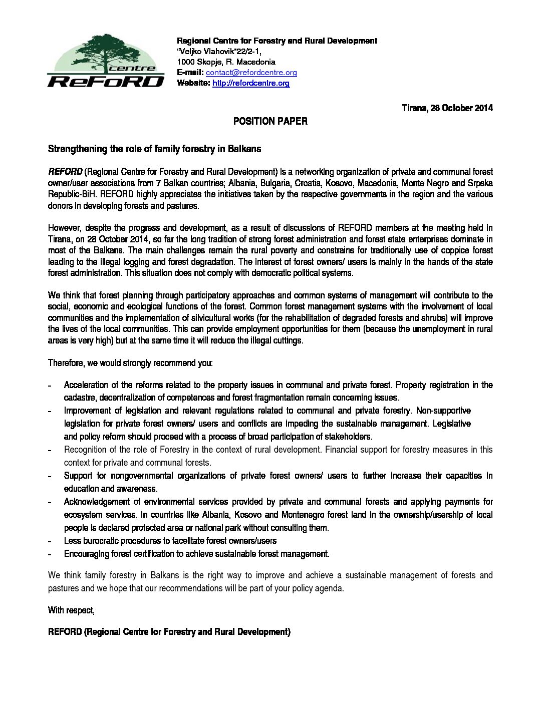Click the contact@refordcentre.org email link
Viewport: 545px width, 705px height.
coord(251,73)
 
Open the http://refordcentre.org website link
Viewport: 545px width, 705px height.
coord(250,83)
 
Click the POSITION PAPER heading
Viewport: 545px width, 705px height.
coord(270,121)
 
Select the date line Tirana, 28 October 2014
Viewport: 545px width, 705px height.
coord(447,108)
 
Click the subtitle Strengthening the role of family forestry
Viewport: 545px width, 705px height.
coord(154,149)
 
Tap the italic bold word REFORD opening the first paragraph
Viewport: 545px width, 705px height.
coord(65,172)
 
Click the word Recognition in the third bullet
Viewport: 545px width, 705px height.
coord(85,450)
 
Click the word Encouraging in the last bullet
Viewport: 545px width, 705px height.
coord(87,554)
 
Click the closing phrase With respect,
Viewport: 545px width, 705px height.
coord(71,610)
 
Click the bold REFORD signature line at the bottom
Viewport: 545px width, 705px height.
coord(169,632)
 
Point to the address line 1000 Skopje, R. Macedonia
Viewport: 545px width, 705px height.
coord(226,62)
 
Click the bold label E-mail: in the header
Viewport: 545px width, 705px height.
coord(190,73)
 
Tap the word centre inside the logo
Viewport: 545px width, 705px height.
coord(132,68)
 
